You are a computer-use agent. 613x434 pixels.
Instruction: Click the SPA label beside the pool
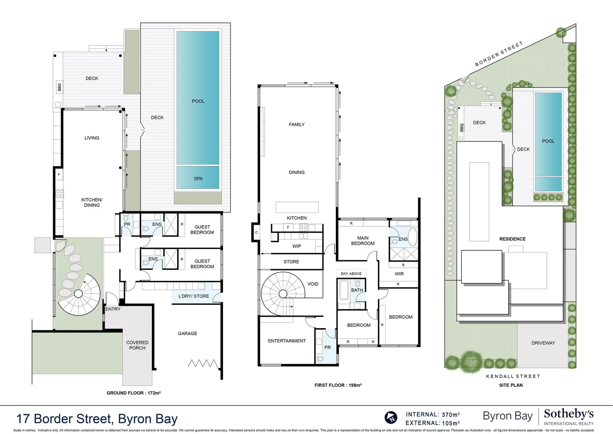click(x=198, y=178)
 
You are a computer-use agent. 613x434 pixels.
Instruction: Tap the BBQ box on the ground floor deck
click(x=59, y=87)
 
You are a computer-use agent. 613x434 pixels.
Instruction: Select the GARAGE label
click(x=187, y=334)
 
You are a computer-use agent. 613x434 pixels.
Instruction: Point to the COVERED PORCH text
click(x=137, y=345)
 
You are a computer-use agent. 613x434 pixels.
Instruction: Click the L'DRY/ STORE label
click(x=194, y=296)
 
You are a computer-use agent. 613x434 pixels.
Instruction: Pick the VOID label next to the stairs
click(x=313, y=284)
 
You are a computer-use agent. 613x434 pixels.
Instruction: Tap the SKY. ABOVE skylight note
click(x=351, y=274)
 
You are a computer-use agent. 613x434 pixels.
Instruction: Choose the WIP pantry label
click(x=296, y=246)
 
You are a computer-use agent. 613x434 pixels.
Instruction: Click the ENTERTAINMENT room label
click(x=287, y=341)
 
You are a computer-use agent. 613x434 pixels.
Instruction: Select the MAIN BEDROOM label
click(x=363, y=241)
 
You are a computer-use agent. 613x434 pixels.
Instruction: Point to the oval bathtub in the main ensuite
click(x=413, y=237)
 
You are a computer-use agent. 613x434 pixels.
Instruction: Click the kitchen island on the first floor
click(x=297, y=207)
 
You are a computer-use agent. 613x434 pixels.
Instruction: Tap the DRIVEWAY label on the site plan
click(x=543, y=343)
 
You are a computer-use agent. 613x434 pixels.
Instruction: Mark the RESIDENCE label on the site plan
click(x=512, y=239)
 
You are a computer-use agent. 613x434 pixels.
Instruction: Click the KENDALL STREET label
click(x=513, y=377)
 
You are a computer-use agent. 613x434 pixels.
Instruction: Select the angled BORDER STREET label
click(x=499, y=54)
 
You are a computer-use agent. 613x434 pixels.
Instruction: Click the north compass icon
click(x=391, y=418)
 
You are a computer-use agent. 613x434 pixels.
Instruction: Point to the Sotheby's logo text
click(x=568, y=414)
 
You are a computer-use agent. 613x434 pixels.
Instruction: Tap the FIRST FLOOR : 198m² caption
click(x=338, y=385)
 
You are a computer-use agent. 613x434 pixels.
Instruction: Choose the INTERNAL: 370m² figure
click(x=433, y=415)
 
